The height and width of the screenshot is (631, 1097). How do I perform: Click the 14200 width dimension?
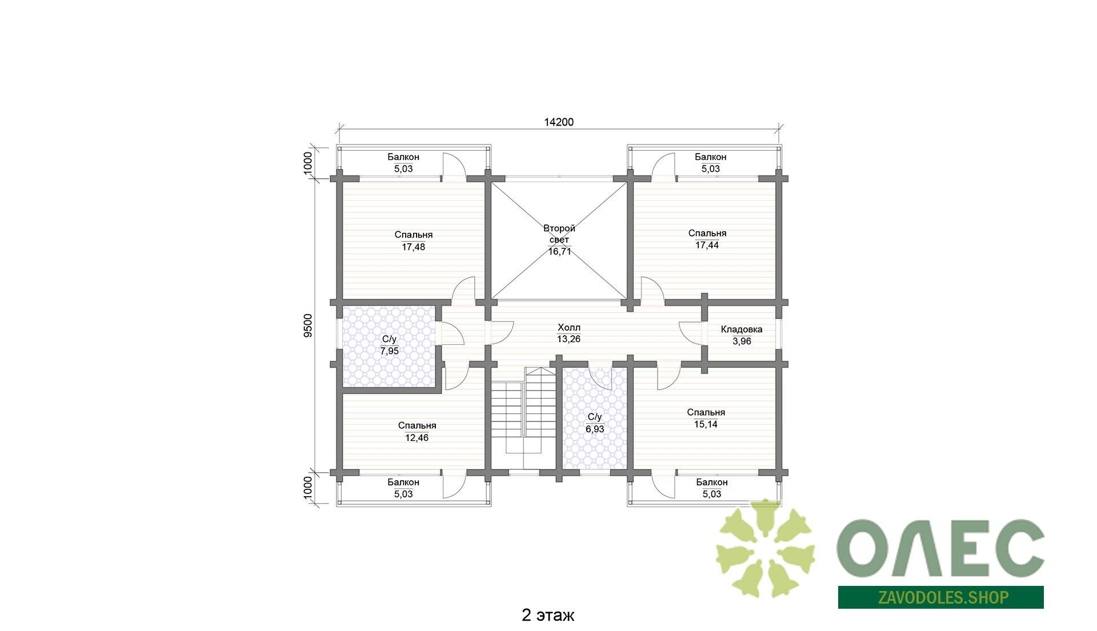tap(559, 122)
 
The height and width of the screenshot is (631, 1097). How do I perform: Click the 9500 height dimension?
tap(308, 326)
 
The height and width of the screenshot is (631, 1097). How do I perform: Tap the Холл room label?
tap(568, 328)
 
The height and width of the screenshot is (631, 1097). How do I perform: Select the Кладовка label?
tap(742, 329)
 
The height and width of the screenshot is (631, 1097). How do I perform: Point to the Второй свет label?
tap(559, 234)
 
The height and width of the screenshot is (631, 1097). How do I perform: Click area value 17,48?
tap(414, 247)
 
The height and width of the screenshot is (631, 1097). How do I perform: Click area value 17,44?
tap(707, 246)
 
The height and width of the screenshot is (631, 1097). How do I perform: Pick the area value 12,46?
tap(417, 438)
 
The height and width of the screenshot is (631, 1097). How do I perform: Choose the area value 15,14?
tap(706, 424)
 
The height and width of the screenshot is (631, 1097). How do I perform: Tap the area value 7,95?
tap(390, 351)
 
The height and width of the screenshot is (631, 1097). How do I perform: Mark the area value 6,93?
tap(595, 429)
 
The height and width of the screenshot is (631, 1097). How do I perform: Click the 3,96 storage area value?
tap(742, 341)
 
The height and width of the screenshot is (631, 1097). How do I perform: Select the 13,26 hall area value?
tap(568, 339)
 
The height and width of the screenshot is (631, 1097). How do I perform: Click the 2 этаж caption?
tap(548, 615)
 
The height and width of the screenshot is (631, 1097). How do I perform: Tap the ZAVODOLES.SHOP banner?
tap(940, 597)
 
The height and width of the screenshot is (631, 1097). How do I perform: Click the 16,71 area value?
tap(560, 252)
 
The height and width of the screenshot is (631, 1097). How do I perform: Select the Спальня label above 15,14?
tap(706, 412)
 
